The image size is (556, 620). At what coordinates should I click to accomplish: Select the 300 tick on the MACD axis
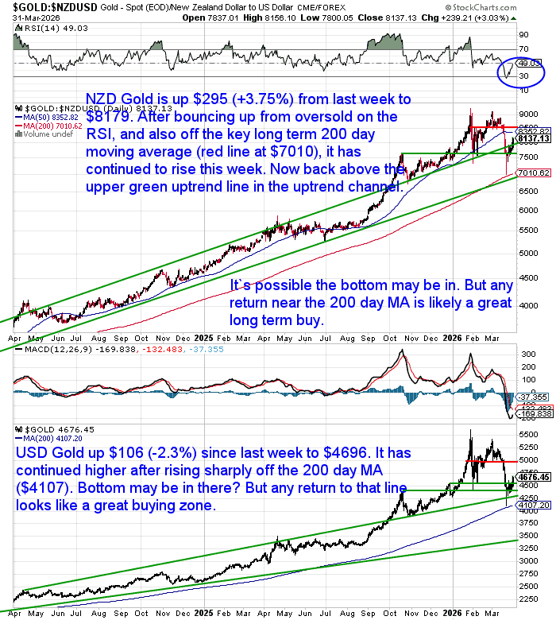(524, 352)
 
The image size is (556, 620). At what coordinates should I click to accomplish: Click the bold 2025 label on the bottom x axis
(202, 613)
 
